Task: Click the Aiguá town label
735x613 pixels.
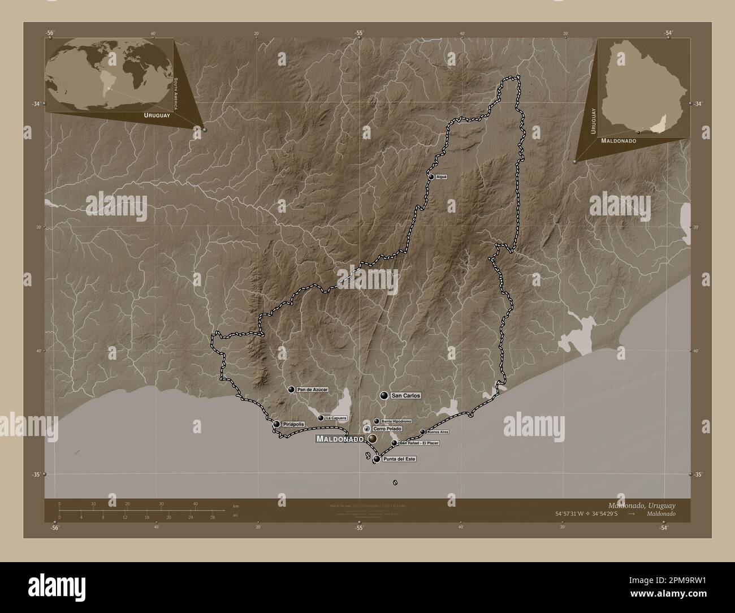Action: [x=442, y=176]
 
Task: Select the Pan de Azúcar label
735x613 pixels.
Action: [x=313, y=390]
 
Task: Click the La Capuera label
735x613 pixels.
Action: [x=336, y=418]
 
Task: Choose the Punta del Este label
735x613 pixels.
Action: [x=400, y=459]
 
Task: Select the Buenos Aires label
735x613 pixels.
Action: [x=438, y=431]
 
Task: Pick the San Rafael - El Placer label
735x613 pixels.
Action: [x=419, y=443]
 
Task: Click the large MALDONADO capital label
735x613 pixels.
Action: [x=339, y=439]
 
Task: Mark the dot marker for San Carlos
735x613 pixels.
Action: [x=384, y=396]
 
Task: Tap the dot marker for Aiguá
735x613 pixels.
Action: [x=431, y=177]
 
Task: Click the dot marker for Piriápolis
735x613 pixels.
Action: [x=276, y=424]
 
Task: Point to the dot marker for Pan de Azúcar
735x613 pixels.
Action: [x=291, y=390]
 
